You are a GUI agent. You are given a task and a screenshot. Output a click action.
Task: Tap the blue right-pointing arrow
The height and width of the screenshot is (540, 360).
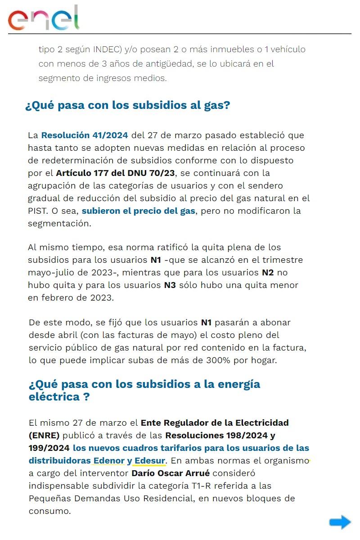click(x=340, y=522)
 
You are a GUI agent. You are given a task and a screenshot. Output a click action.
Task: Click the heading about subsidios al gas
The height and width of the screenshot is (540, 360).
click(x=128, y=106)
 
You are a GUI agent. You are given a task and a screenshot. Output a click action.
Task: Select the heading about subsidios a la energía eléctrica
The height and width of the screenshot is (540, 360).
click(x=144, y=391)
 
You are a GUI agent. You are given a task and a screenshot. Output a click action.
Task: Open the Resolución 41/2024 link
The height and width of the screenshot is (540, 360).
click(x=85, y=135)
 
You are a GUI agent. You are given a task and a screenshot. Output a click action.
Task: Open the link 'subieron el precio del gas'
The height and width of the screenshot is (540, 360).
click(x=139, y=211)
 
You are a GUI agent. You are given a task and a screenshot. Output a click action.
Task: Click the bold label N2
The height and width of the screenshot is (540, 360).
click(x=268, y=272)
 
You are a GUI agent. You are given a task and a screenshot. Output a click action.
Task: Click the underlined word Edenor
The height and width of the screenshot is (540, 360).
click(x=109, y=461)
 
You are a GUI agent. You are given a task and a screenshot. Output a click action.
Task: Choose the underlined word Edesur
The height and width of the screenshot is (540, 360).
click(x=150, y=461)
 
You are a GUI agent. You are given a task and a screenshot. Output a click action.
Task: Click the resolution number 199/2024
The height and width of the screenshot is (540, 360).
click(x=49, y=448)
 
